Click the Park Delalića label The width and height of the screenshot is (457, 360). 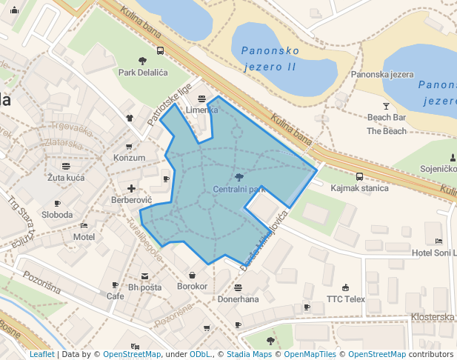[143, 73]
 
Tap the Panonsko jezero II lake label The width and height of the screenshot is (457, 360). [270, 59]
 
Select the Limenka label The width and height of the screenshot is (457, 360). [202, 110]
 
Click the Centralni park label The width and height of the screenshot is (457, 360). [238, 190]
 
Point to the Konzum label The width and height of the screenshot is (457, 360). [129, 158]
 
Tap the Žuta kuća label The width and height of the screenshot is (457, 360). [66, 178]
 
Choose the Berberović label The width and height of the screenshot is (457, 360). [131, 201]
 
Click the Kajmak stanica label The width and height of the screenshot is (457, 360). [359, 188]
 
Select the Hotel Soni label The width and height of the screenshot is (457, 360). [433, 253]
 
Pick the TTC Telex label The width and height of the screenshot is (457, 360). [346, 299]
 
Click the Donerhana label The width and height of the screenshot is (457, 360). [238, 299]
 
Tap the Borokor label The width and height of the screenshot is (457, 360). [192, 286]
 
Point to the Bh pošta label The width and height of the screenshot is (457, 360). [144, 287]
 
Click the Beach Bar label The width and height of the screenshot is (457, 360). [387, 118]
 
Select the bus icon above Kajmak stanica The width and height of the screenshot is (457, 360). [359, 176]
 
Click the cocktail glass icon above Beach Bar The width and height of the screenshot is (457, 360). [386, 106]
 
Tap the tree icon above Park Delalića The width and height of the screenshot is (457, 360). [143, 61]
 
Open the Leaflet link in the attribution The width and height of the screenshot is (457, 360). [41, 355]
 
